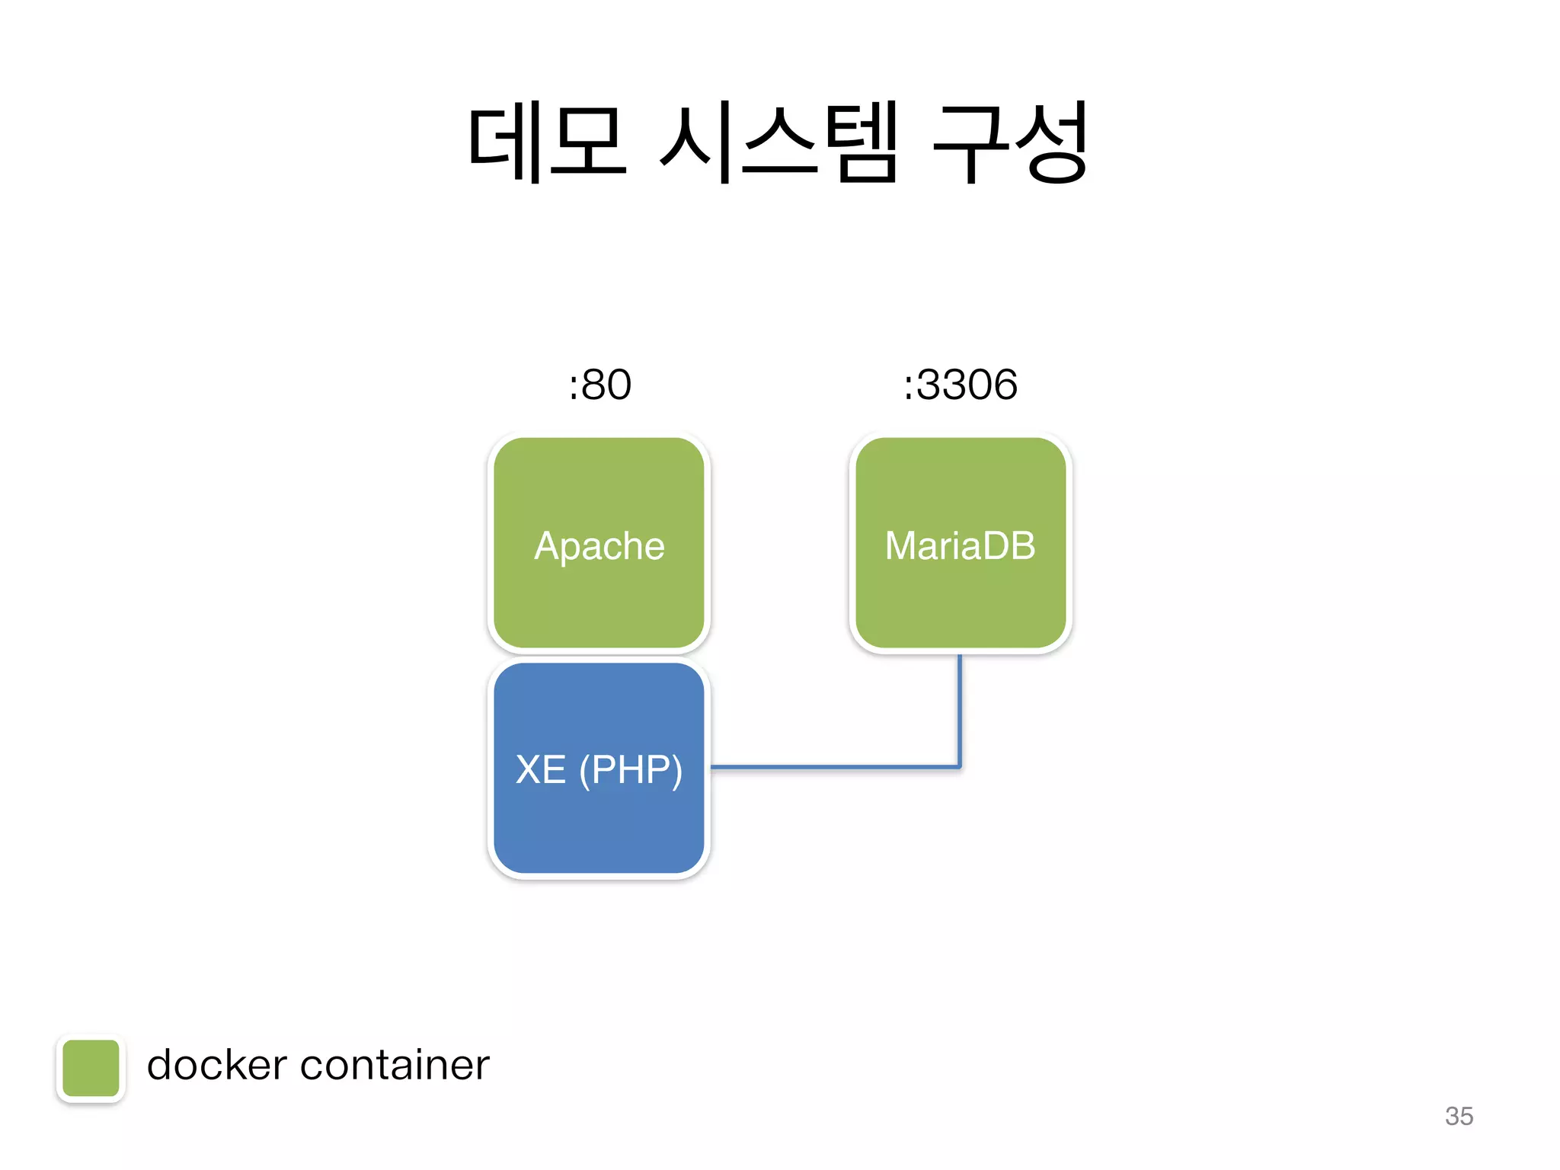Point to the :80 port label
click(x=599, y=384)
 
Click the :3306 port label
click(x=960, y=384)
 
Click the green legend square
click(x=91, y=1068)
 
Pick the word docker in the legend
click(x=216, y=1065)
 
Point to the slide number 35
click(x=1459, y=1116)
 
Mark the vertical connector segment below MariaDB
click(x=960, y=708)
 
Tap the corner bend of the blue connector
click(x=959, y=766)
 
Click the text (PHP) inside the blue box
click(x=631, y=769)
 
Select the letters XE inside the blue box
click(x=541, y=769)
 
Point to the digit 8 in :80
click(x=593, y=384)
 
